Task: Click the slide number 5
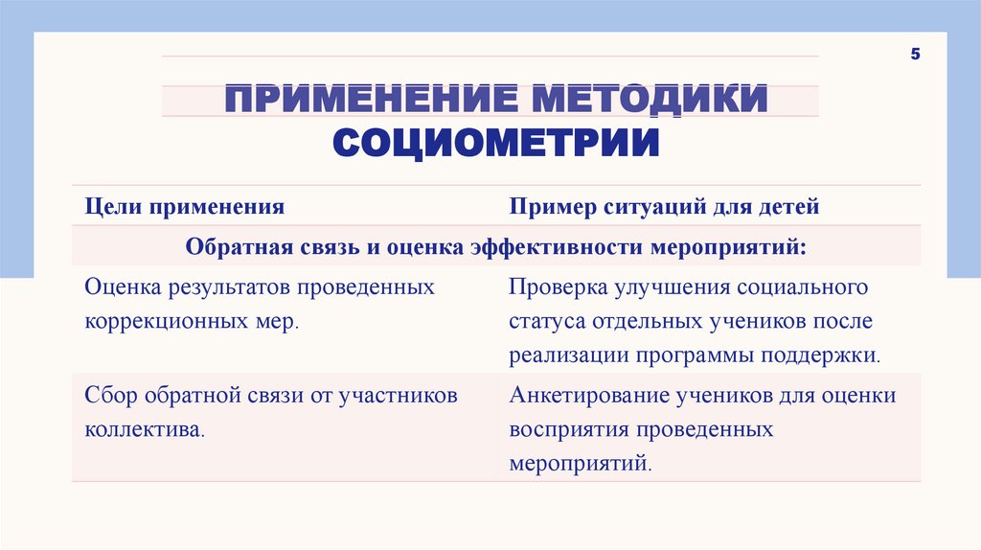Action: (x=915, y=55)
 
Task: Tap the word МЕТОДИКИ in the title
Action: (x=651, y=101)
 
